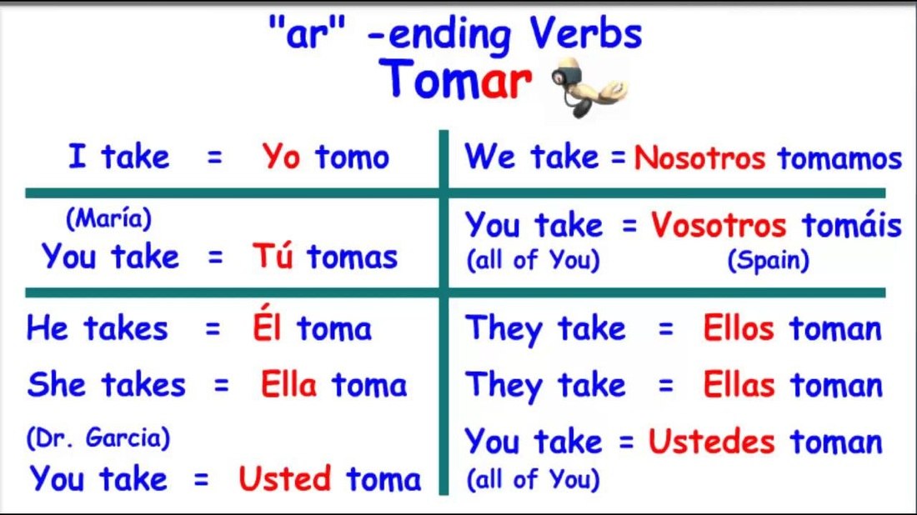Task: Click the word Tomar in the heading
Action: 455,79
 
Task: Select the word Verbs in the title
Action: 586,33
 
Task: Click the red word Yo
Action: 281,157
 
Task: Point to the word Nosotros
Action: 700,157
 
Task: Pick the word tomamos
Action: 839,158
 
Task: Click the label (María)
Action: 108,218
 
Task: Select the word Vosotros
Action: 719,225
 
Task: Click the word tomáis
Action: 852,224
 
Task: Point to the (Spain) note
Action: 769,260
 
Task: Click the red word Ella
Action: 289,385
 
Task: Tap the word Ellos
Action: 739,328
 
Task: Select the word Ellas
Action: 739,385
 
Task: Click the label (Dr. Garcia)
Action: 98,437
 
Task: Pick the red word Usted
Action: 285,479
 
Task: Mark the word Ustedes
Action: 711,442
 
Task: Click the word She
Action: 57,385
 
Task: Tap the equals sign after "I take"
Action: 215,157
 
